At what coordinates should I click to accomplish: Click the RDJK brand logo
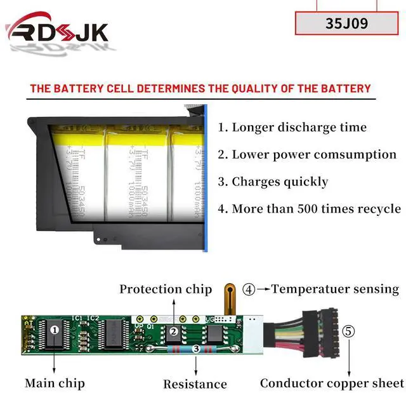[x=57, y=31]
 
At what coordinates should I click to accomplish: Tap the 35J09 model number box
[x=346, y=23]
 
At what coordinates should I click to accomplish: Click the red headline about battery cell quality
[x=200, y=88]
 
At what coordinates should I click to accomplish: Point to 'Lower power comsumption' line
[x=307, y=154]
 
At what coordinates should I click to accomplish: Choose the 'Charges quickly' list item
[x=273, y=182]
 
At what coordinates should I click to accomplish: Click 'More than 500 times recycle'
[x=309, y=209]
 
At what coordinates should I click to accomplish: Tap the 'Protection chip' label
[x=166, y=289]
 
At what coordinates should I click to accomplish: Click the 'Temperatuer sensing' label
[x=336, y=289]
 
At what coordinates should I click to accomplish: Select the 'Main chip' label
[x=55, y=383]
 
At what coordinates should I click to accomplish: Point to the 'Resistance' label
[x=195, y=383]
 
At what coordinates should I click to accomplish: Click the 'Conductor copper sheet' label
[x=332, y=383]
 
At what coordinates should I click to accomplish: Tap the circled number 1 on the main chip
[x=55, y=330]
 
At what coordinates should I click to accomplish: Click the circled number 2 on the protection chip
[x=172, y=331]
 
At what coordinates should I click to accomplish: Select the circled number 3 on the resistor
[x=196, y=349]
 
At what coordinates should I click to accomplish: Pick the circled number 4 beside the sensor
[x=249, y=290]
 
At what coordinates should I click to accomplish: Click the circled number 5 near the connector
[x=349, y=331]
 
